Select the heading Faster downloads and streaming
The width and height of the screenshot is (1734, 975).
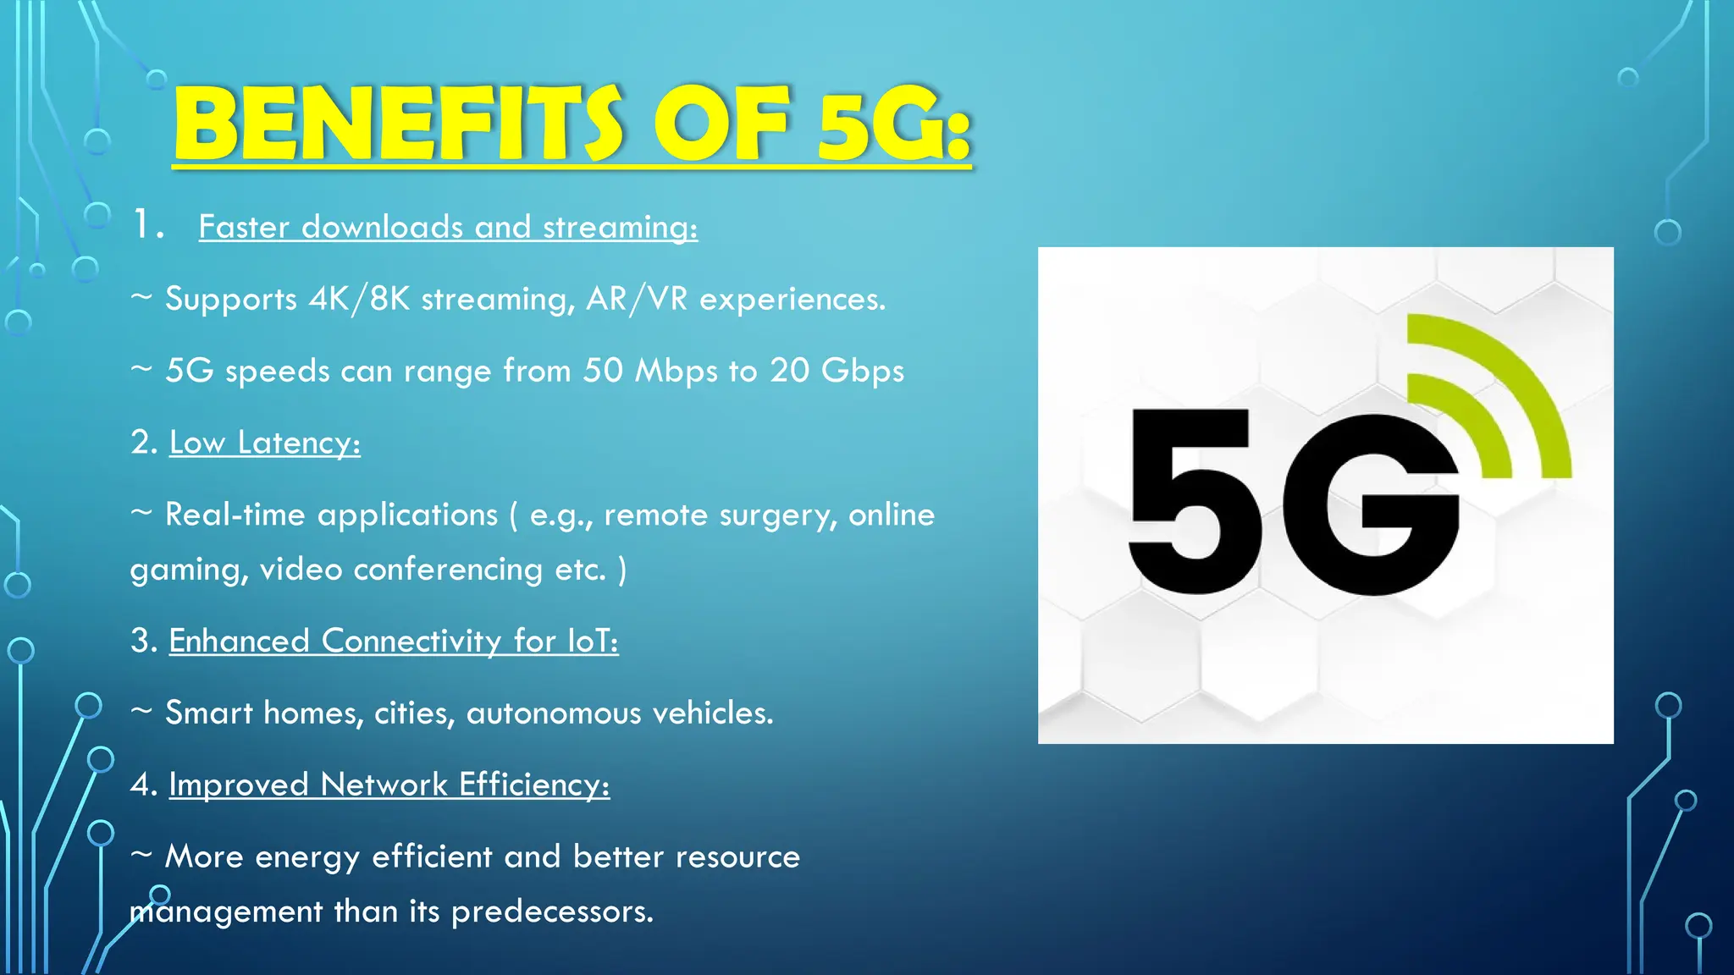[x=448, y=227]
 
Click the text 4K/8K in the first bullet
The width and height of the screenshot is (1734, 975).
[x=359, y=299]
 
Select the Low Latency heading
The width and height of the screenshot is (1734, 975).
[x=265, y=443]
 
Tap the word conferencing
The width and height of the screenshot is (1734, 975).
[x=447, y=570]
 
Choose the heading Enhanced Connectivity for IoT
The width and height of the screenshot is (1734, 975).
[x=394, y=641]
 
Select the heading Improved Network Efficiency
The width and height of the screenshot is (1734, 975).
[x=389, y=785]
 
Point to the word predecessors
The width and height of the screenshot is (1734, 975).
[x=551, y=912]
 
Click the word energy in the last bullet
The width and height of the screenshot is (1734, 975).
[x=306, y=857]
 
